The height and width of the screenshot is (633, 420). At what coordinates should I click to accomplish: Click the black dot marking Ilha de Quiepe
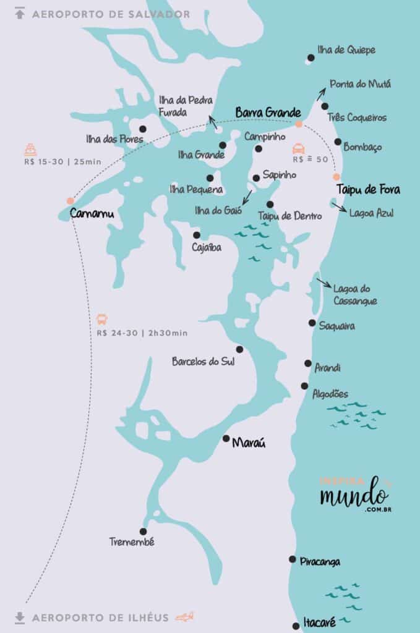311,58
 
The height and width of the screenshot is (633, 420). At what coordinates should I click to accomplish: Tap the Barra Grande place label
268,113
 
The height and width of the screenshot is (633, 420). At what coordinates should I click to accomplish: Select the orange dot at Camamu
70,200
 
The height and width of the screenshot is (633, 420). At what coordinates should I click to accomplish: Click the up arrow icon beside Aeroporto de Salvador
20,14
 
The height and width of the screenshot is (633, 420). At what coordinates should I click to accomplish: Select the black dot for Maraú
226,438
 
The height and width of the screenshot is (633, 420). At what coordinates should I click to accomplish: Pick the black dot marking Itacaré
296,626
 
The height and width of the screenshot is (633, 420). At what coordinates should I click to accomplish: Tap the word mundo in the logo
354,495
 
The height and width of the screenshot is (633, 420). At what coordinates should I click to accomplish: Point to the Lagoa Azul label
371,213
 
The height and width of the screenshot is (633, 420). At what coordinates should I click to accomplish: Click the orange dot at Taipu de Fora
337,176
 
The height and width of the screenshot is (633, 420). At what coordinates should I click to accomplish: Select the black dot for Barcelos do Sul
239,349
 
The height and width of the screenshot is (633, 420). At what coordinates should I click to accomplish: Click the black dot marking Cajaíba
196,235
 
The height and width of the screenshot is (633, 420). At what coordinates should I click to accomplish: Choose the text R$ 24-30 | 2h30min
142,333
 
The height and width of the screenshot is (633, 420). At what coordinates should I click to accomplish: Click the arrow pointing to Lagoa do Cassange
323,283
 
